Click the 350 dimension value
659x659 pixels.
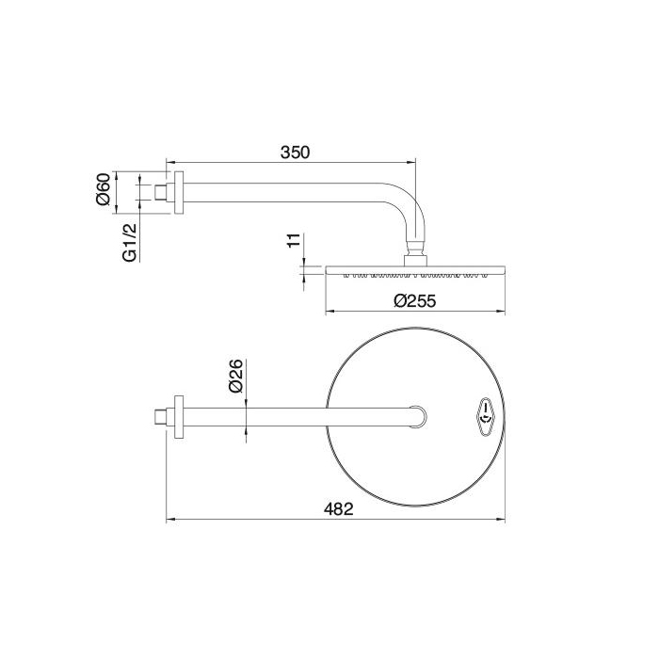pyautogui.click(x=294, y=152)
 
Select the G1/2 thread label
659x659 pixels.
pyautogui.click(x=131, y=241)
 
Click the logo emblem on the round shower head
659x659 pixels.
pyautogui.click(x=483, y=414)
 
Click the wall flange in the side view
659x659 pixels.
pyautogui.click(x=176, y=193)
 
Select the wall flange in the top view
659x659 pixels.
pyautogui.click(x=176, y=415)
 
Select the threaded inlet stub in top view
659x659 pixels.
pyautogui.click(x=161, y=415)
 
